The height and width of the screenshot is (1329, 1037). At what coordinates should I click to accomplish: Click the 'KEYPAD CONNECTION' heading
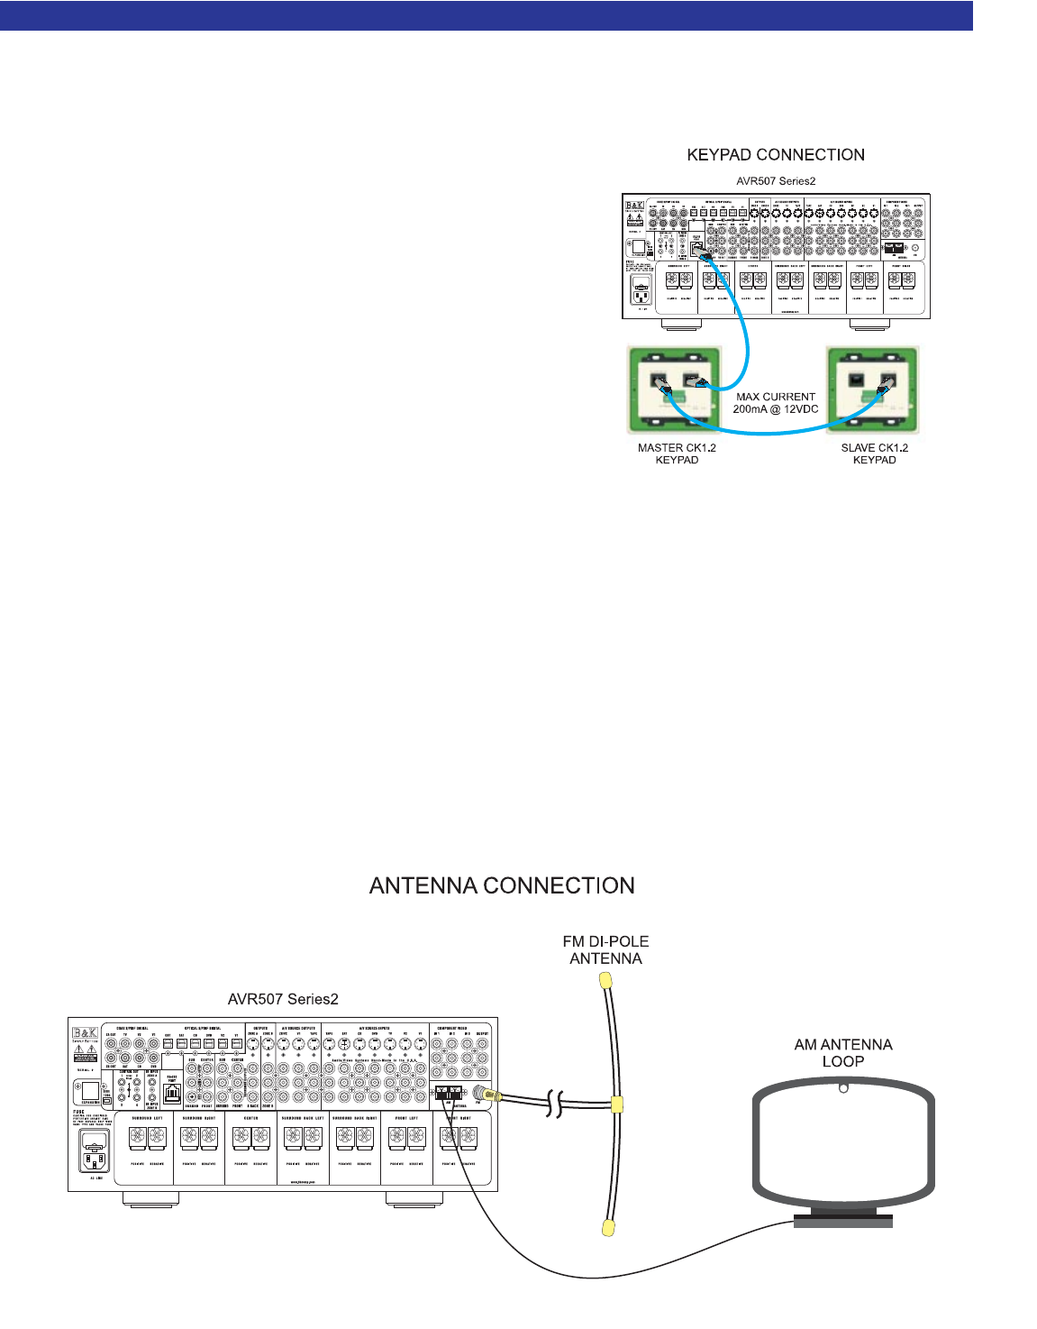(x=776, y=155)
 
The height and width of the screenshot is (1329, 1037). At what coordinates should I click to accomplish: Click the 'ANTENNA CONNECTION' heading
(x=502, y=885)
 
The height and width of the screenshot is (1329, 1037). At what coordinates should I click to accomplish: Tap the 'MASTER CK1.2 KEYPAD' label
(x=677, y=454)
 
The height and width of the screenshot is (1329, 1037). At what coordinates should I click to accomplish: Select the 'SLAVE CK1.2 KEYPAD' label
(x=874, y=454)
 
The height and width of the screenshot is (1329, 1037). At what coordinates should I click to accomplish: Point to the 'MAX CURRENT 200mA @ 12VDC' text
(x=775, y=403)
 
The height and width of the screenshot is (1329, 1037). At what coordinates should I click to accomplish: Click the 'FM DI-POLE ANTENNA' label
(x=605, y=949)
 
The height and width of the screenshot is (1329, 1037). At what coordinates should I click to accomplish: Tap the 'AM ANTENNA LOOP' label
(x=843, y=1052)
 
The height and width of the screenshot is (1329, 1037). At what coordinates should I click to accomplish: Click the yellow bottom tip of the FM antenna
(x=608, y=1228)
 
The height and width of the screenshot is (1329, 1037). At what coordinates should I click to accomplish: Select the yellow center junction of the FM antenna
(x=616, y=1104)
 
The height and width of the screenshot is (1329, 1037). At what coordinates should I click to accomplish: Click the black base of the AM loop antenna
(x=843, y=1221)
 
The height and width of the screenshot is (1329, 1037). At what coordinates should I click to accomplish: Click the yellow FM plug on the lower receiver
(x=481, y=1094)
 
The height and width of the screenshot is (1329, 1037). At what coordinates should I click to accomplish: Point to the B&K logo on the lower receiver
(x=86, y=1034)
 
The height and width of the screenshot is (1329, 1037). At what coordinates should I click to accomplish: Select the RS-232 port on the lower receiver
(x=173, y=1093)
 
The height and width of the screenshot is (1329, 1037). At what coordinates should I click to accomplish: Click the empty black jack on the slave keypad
(x=856, y=381)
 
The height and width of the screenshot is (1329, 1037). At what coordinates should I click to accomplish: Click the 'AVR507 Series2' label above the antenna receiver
(x=283, y=999)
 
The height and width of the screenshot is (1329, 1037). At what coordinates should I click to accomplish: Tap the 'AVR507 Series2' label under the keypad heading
(x=776, y=181)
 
